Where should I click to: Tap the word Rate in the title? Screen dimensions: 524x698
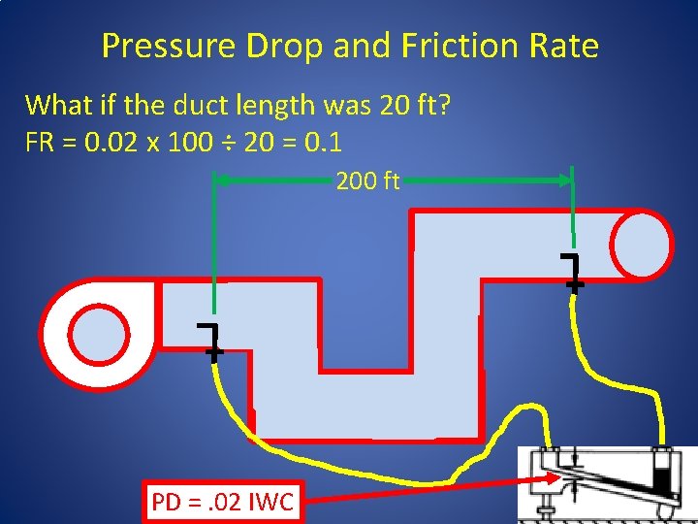(566, 46)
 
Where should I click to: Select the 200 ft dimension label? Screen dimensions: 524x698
(367, 180)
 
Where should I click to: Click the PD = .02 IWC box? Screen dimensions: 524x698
(223, 502)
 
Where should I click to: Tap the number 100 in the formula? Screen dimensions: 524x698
(195, 144)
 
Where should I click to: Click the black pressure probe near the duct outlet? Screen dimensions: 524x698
(572, 272)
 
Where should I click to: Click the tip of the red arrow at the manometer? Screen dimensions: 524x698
(556, 475)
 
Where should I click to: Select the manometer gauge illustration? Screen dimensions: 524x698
(607, 482)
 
